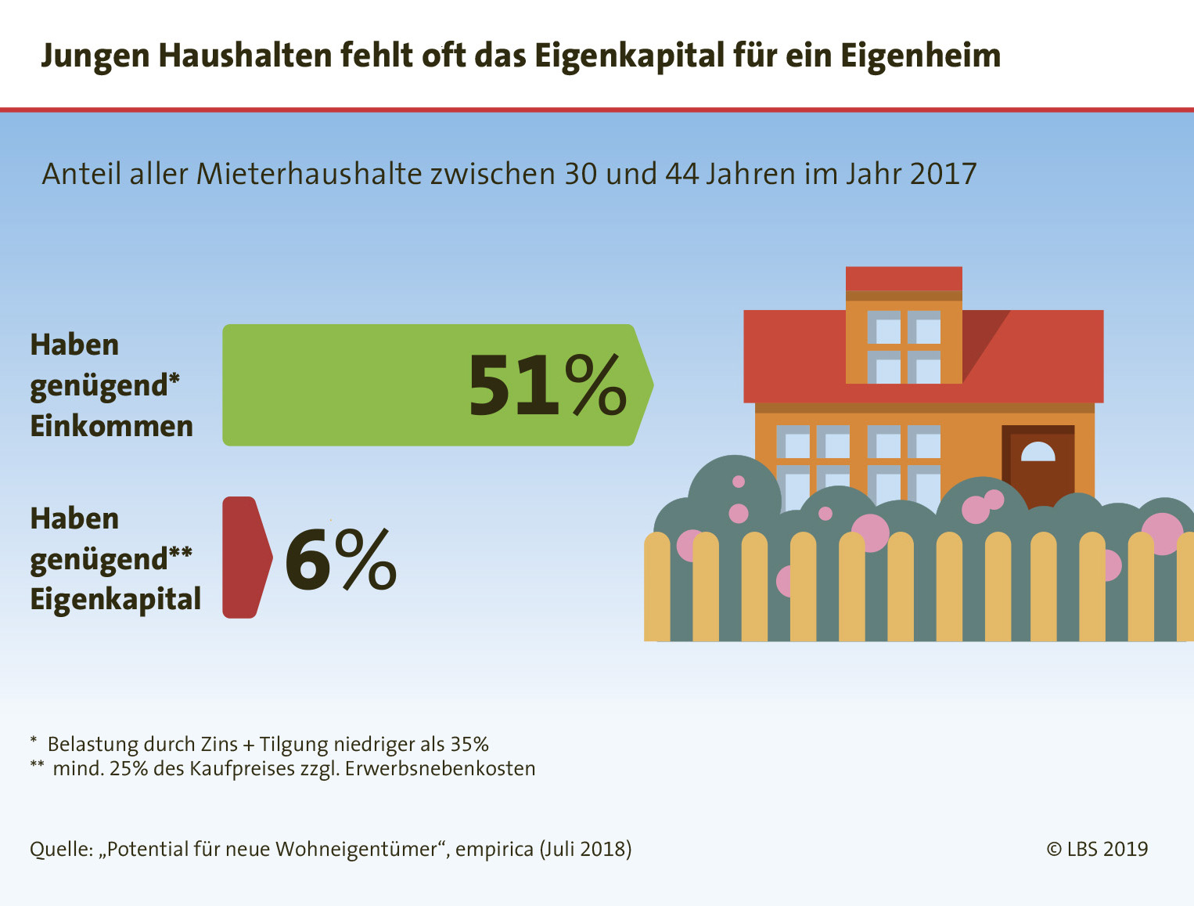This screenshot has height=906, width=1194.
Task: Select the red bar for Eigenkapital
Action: pyautogui.click(x=243, y=558)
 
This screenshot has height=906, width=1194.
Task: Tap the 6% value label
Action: pyautogui.click(x=340, y=559)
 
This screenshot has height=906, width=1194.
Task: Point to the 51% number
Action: pyautogui.click(x=547, y=385)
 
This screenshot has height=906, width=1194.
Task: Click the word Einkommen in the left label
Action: pyautogui.click(x=111, y=426)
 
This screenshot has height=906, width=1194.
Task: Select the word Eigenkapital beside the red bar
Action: pyautogui.click(x=115, y=599)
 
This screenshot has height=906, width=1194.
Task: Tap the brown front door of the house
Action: pyautogui.click(x=1038, y=466)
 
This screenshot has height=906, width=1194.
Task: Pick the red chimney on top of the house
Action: pyautogui.click(x=904, y=279)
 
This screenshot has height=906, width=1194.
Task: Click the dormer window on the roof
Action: pyautogui.click(x=904, y=346)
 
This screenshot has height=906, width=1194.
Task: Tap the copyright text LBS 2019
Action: pyautogui.click(x=1098, y=849)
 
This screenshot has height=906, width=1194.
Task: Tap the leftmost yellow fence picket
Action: pyautogui.click(x=657, y=587)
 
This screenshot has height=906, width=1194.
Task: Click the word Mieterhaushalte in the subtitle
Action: pyautogui.click(x=309, y=174)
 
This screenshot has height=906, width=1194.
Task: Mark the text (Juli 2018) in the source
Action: pyautogui.click(x=585, y=850)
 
